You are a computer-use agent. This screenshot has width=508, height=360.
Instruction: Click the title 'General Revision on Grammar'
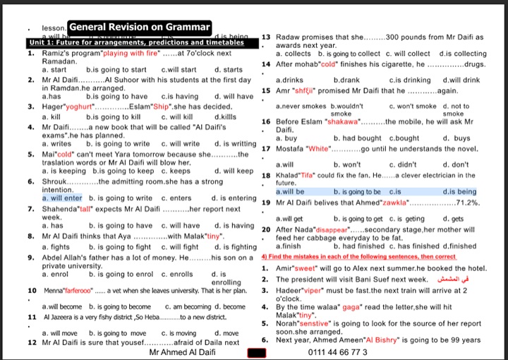coord(140,27)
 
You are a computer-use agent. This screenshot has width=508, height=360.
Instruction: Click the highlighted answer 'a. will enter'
coord(62,198)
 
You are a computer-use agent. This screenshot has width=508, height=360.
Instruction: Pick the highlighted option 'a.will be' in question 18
coord(290,191)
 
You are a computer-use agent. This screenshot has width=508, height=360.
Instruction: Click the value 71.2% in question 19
coord(468,202)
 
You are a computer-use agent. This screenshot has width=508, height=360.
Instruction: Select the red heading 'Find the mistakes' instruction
coord(358,257)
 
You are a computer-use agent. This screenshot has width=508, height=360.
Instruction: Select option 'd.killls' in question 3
coord(226,116)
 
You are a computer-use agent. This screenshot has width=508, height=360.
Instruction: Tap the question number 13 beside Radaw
coord(267,37)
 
